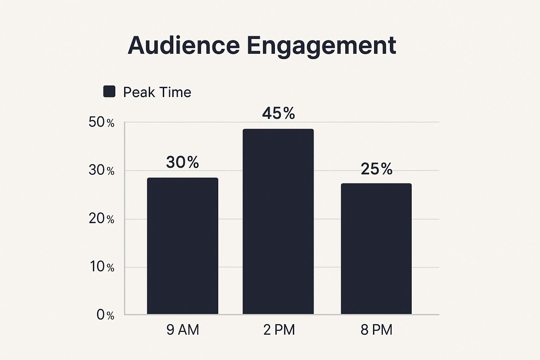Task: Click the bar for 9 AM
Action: coord(182,246)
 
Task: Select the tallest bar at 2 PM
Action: coord(278,221)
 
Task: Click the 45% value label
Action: coord(278,113)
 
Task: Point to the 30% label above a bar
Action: coord(182,162)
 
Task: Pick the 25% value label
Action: coord(377,169)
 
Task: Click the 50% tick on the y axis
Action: coord(101,122)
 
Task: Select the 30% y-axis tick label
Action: coord(101,171)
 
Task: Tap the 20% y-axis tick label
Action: coord(101,219)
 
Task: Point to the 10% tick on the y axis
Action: coord(101,267)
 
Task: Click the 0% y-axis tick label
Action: coord(105,315)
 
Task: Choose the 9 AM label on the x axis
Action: coord(182,330)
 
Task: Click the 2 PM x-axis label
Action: coord(279,330)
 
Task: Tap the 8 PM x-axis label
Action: coord(376,330)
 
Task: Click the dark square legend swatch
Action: coord(109,91)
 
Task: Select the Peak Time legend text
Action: coord(157,92)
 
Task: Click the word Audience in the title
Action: coord(184,45)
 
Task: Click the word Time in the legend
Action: coord(175,92)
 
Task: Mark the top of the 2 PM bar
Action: coord(278,129)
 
